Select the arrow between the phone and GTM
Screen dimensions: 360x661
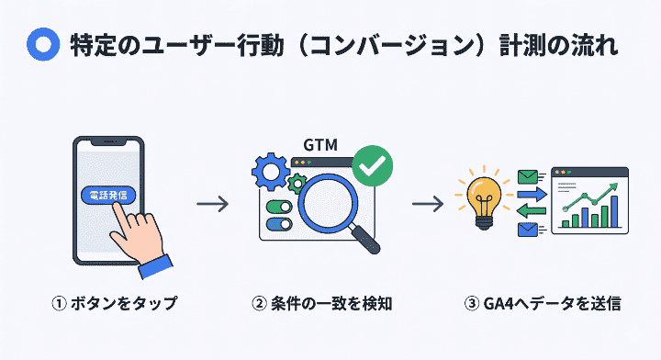(x=213, y=203)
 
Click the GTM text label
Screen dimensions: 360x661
(x=320, y=145)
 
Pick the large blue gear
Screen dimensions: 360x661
(x=271, y=171)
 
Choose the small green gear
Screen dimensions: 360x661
(x=296, y=183)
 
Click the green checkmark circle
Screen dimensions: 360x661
(x=372, y=164)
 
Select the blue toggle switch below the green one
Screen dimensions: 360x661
(x=278, y=225)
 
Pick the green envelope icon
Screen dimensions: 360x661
(x=526, y=176)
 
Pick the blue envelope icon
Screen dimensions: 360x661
(x=526, y=229)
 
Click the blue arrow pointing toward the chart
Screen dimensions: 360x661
(x=532, y=194)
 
